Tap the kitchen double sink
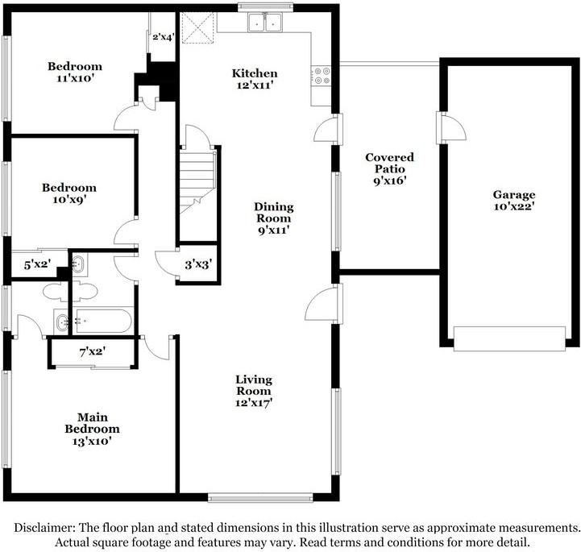click(264, 23)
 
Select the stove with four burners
click(321, 76)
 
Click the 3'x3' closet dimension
click(198, 264)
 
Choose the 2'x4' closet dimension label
click(163, 37)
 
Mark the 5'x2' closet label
click(37, 265)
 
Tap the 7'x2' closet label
click(93, 351)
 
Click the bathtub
click(102, 321)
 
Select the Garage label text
click(514, 194)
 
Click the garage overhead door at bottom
click(509, 338)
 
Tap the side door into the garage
click(451, 128)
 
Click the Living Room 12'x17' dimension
click(254, 402)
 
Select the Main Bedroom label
click(92, 423)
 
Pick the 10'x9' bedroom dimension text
click(69, 200)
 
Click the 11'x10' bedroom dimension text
click(74, 78)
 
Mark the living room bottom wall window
click(260, 497)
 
